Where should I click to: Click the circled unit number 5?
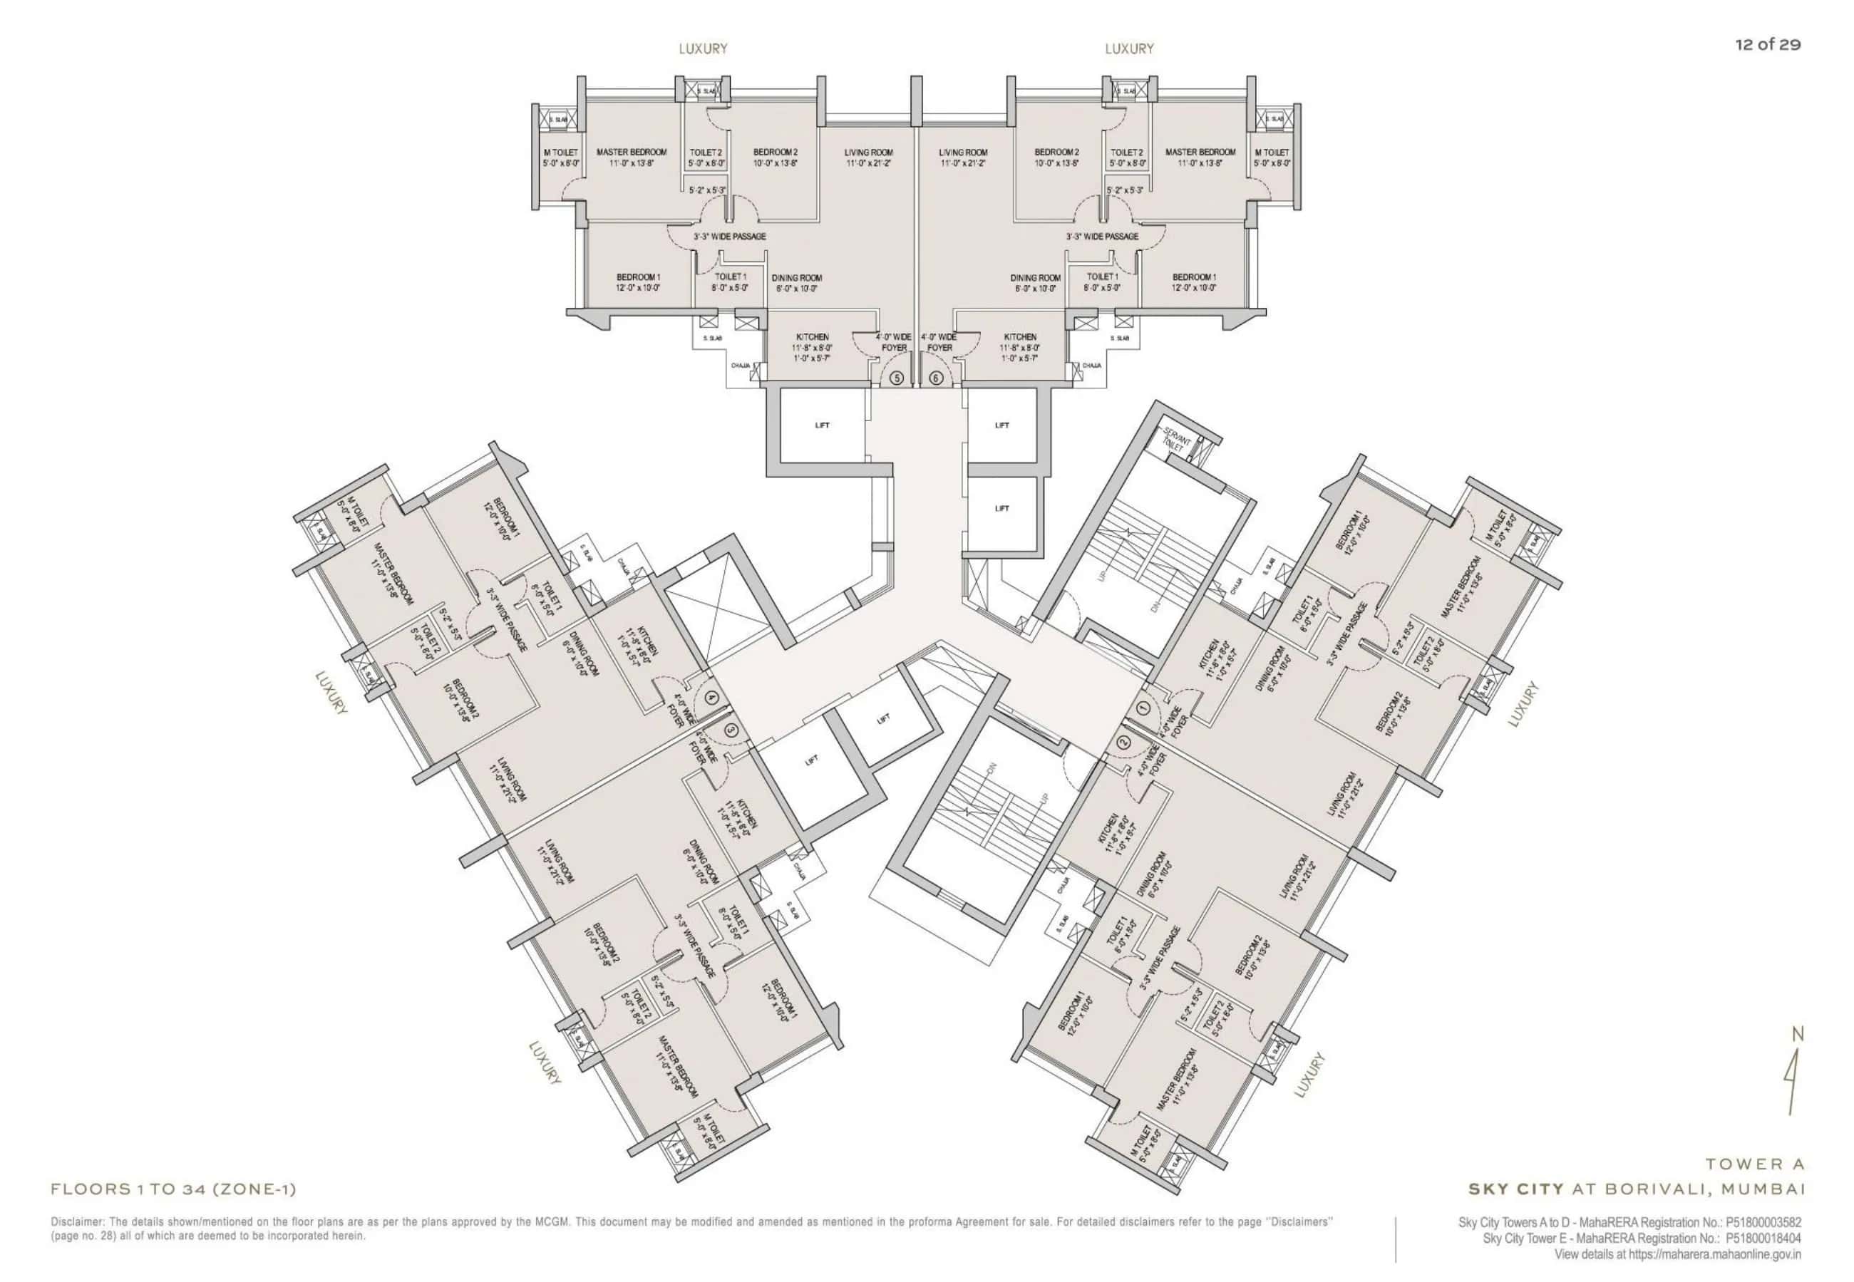pos(897,377)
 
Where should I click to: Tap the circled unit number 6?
pos(936,377)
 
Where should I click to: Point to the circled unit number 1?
pos(1144,708)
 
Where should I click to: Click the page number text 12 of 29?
pos(1767,45)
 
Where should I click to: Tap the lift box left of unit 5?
pos(822,425)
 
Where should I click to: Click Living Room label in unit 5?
pos(867,153)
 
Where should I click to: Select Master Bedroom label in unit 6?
pos(1200,152)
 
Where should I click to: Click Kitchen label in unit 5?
pos(812,337)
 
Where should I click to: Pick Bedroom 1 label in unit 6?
pos(1194,277)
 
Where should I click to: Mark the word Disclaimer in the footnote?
pos(76,1221)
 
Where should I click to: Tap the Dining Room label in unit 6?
pos(1036,278)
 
